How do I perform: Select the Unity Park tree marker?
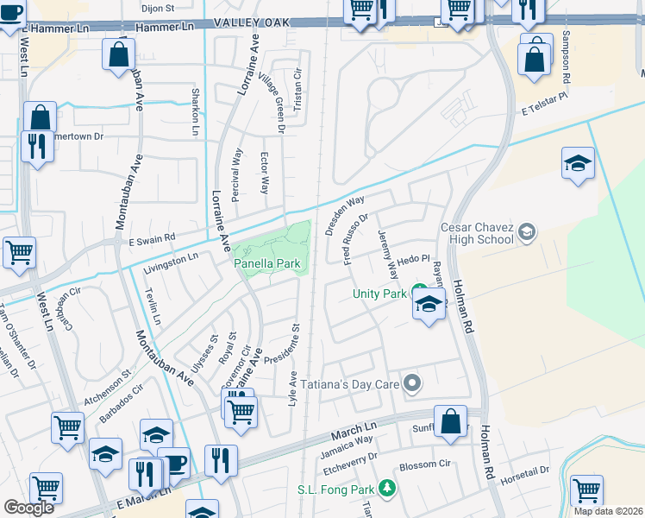point(419,289)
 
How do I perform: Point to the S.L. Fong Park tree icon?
point(386,489)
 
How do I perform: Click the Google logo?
point(29,508)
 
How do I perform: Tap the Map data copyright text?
point(608,511)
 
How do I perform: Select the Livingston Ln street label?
point(170,257)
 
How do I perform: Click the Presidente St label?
point(281,344)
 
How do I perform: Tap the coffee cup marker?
point(173,462)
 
